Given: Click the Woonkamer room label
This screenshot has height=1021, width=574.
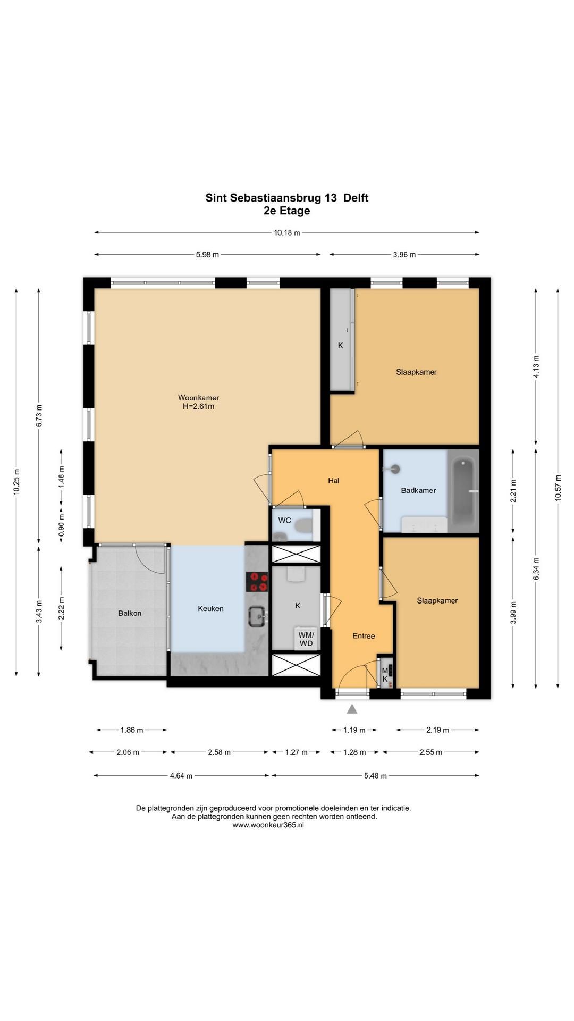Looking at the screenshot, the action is (198, 398).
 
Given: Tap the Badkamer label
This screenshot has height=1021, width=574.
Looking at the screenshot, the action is (418, 490).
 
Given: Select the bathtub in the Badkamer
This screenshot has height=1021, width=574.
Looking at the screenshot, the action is (463, 491).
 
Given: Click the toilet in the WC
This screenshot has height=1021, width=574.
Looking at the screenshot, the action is (303, 526).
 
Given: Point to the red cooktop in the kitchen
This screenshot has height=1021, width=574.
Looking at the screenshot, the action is (257, 582).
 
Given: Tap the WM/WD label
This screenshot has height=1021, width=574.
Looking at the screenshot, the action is (306, 639).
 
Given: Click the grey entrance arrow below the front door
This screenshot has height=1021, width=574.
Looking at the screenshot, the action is (352, 708).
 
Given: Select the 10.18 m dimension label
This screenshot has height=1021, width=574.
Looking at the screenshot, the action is (287, 232).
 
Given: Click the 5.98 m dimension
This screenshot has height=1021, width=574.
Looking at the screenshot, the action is (207, 255).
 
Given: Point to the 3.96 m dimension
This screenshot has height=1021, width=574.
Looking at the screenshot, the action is (404, 255).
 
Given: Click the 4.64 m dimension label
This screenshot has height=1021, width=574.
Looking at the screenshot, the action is (181, 776).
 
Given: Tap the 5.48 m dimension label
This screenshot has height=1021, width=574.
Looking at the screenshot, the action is (376, 776).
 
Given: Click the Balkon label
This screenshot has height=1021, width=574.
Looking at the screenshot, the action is (130, 613).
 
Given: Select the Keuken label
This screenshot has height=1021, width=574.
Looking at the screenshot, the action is (210, 608).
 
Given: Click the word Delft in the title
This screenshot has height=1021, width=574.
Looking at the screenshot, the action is (356, 198).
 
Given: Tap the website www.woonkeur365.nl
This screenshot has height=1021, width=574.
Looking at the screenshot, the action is (268, 825).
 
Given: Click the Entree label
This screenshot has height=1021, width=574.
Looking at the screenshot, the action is (364, 636).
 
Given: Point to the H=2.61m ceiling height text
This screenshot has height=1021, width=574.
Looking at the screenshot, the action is (198, 407).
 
